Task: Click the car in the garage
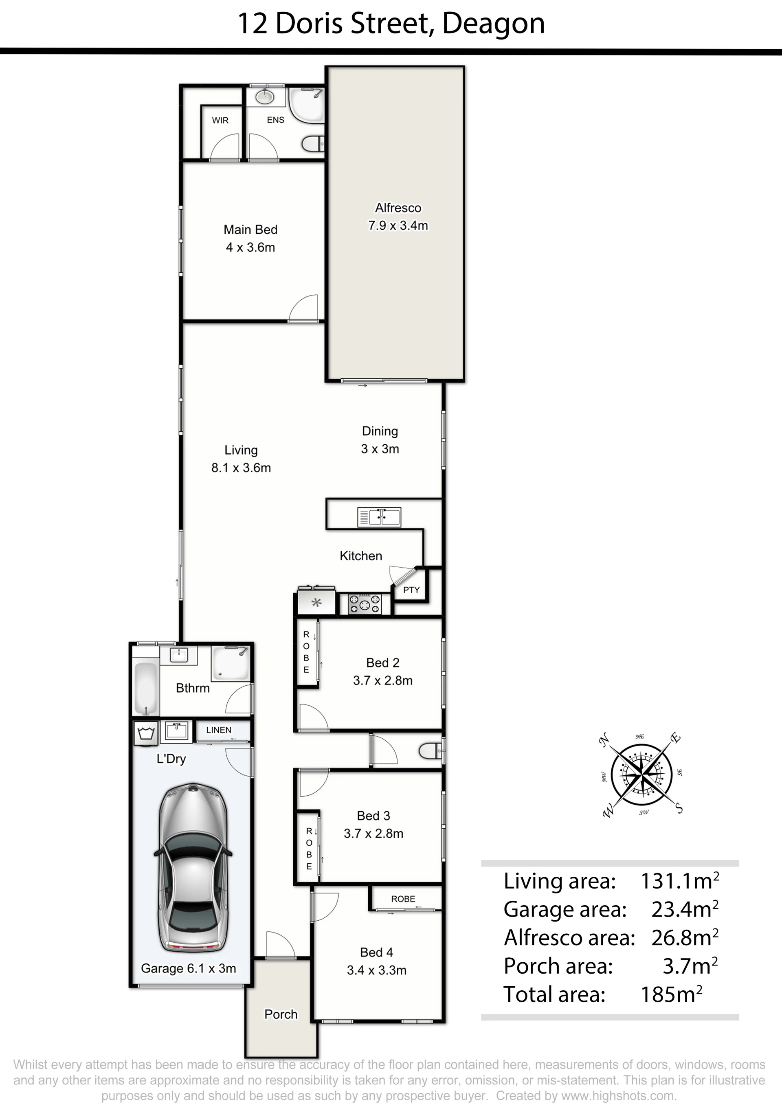(193, 867)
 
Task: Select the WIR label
(220, 121)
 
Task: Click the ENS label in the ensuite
(276, 120)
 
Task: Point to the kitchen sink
(379, 517)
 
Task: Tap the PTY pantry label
(411, 590)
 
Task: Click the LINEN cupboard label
(219, 730)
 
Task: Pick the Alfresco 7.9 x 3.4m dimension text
(398, 226)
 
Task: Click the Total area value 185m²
(671, 994)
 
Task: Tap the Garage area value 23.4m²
(685, 909)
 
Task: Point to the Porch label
(281, 1014)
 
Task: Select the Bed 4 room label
(377, 952)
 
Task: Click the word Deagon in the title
(493, 24)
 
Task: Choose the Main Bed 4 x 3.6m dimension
(250, 248)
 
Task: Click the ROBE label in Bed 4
(403, 899)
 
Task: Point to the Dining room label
(380, 431)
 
